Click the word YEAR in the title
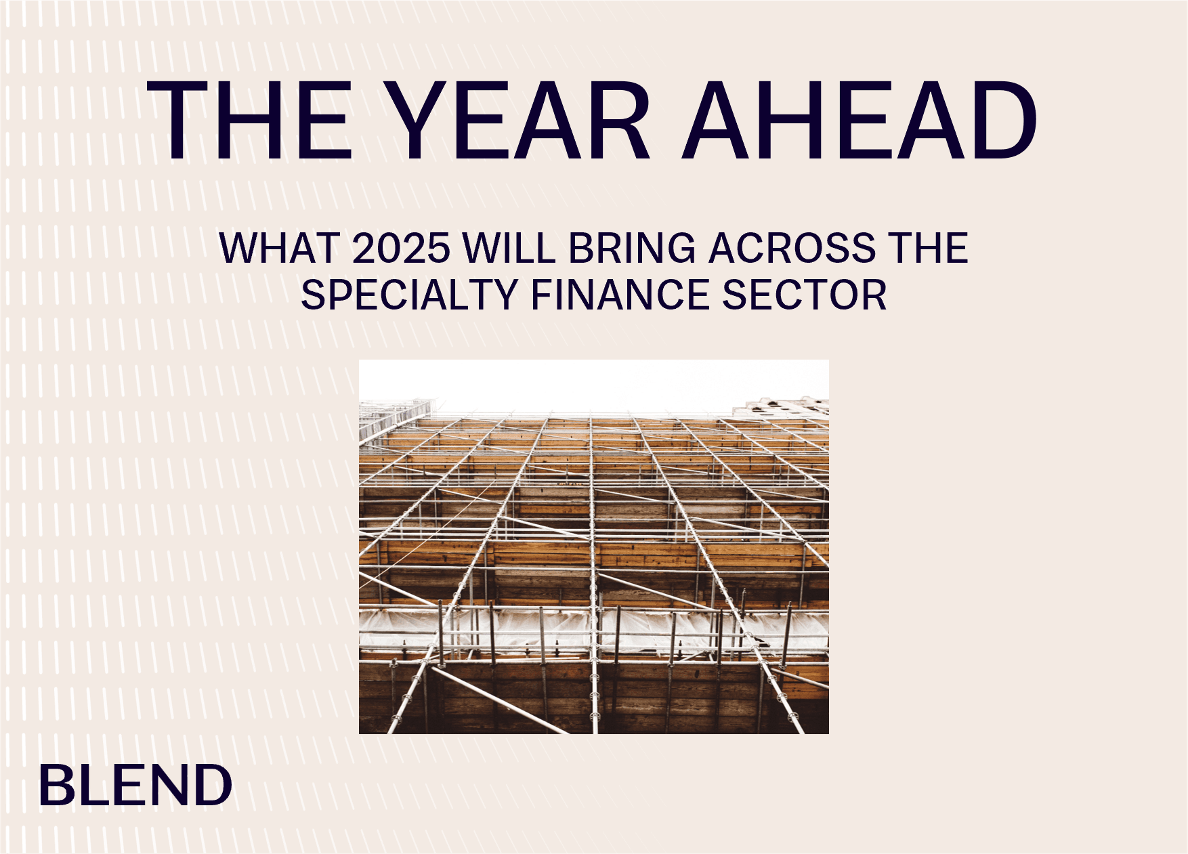click(520, 121)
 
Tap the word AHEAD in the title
click(860, 121)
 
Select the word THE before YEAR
click(250, 121)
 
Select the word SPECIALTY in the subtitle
click(409, 295)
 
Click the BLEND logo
click(136, 785)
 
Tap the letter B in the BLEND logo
click(56, 785)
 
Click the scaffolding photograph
click(594, 547)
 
